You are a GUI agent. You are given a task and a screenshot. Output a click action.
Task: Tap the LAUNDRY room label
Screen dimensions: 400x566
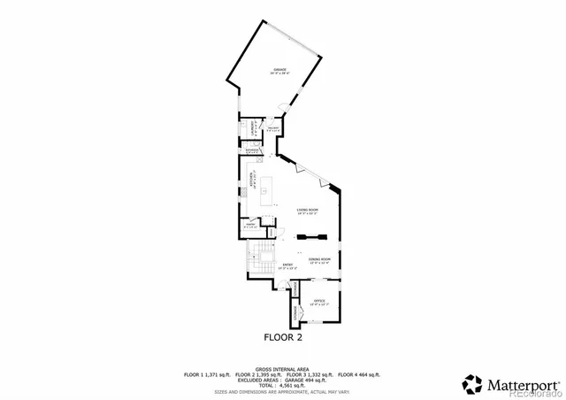coord(252,129)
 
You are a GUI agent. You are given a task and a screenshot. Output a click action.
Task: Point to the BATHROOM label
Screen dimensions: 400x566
coord(253,150)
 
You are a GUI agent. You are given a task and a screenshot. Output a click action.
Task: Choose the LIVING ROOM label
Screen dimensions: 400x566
coord(307,211)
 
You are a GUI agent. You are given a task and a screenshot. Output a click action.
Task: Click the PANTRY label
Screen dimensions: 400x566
coord(250,226)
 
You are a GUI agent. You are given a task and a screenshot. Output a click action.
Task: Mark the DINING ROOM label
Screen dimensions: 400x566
coord(318,260)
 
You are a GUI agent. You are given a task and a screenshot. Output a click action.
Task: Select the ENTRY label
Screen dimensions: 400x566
coord(287,265)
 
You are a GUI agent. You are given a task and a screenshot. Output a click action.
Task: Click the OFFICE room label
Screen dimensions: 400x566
coord(319,302)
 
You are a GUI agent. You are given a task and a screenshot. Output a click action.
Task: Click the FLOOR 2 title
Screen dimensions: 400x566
coord(284,337)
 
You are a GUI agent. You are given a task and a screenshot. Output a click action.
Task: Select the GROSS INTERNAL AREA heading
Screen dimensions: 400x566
coord(283,368)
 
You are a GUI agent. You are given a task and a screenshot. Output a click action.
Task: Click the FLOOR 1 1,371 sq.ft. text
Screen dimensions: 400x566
coord(208,374)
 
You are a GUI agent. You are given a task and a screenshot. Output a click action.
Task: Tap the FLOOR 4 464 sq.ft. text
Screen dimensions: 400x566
coord(359,374)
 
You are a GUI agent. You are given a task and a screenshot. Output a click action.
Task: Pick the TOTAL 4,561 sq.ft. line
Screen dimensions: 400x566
coord(283,385)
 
